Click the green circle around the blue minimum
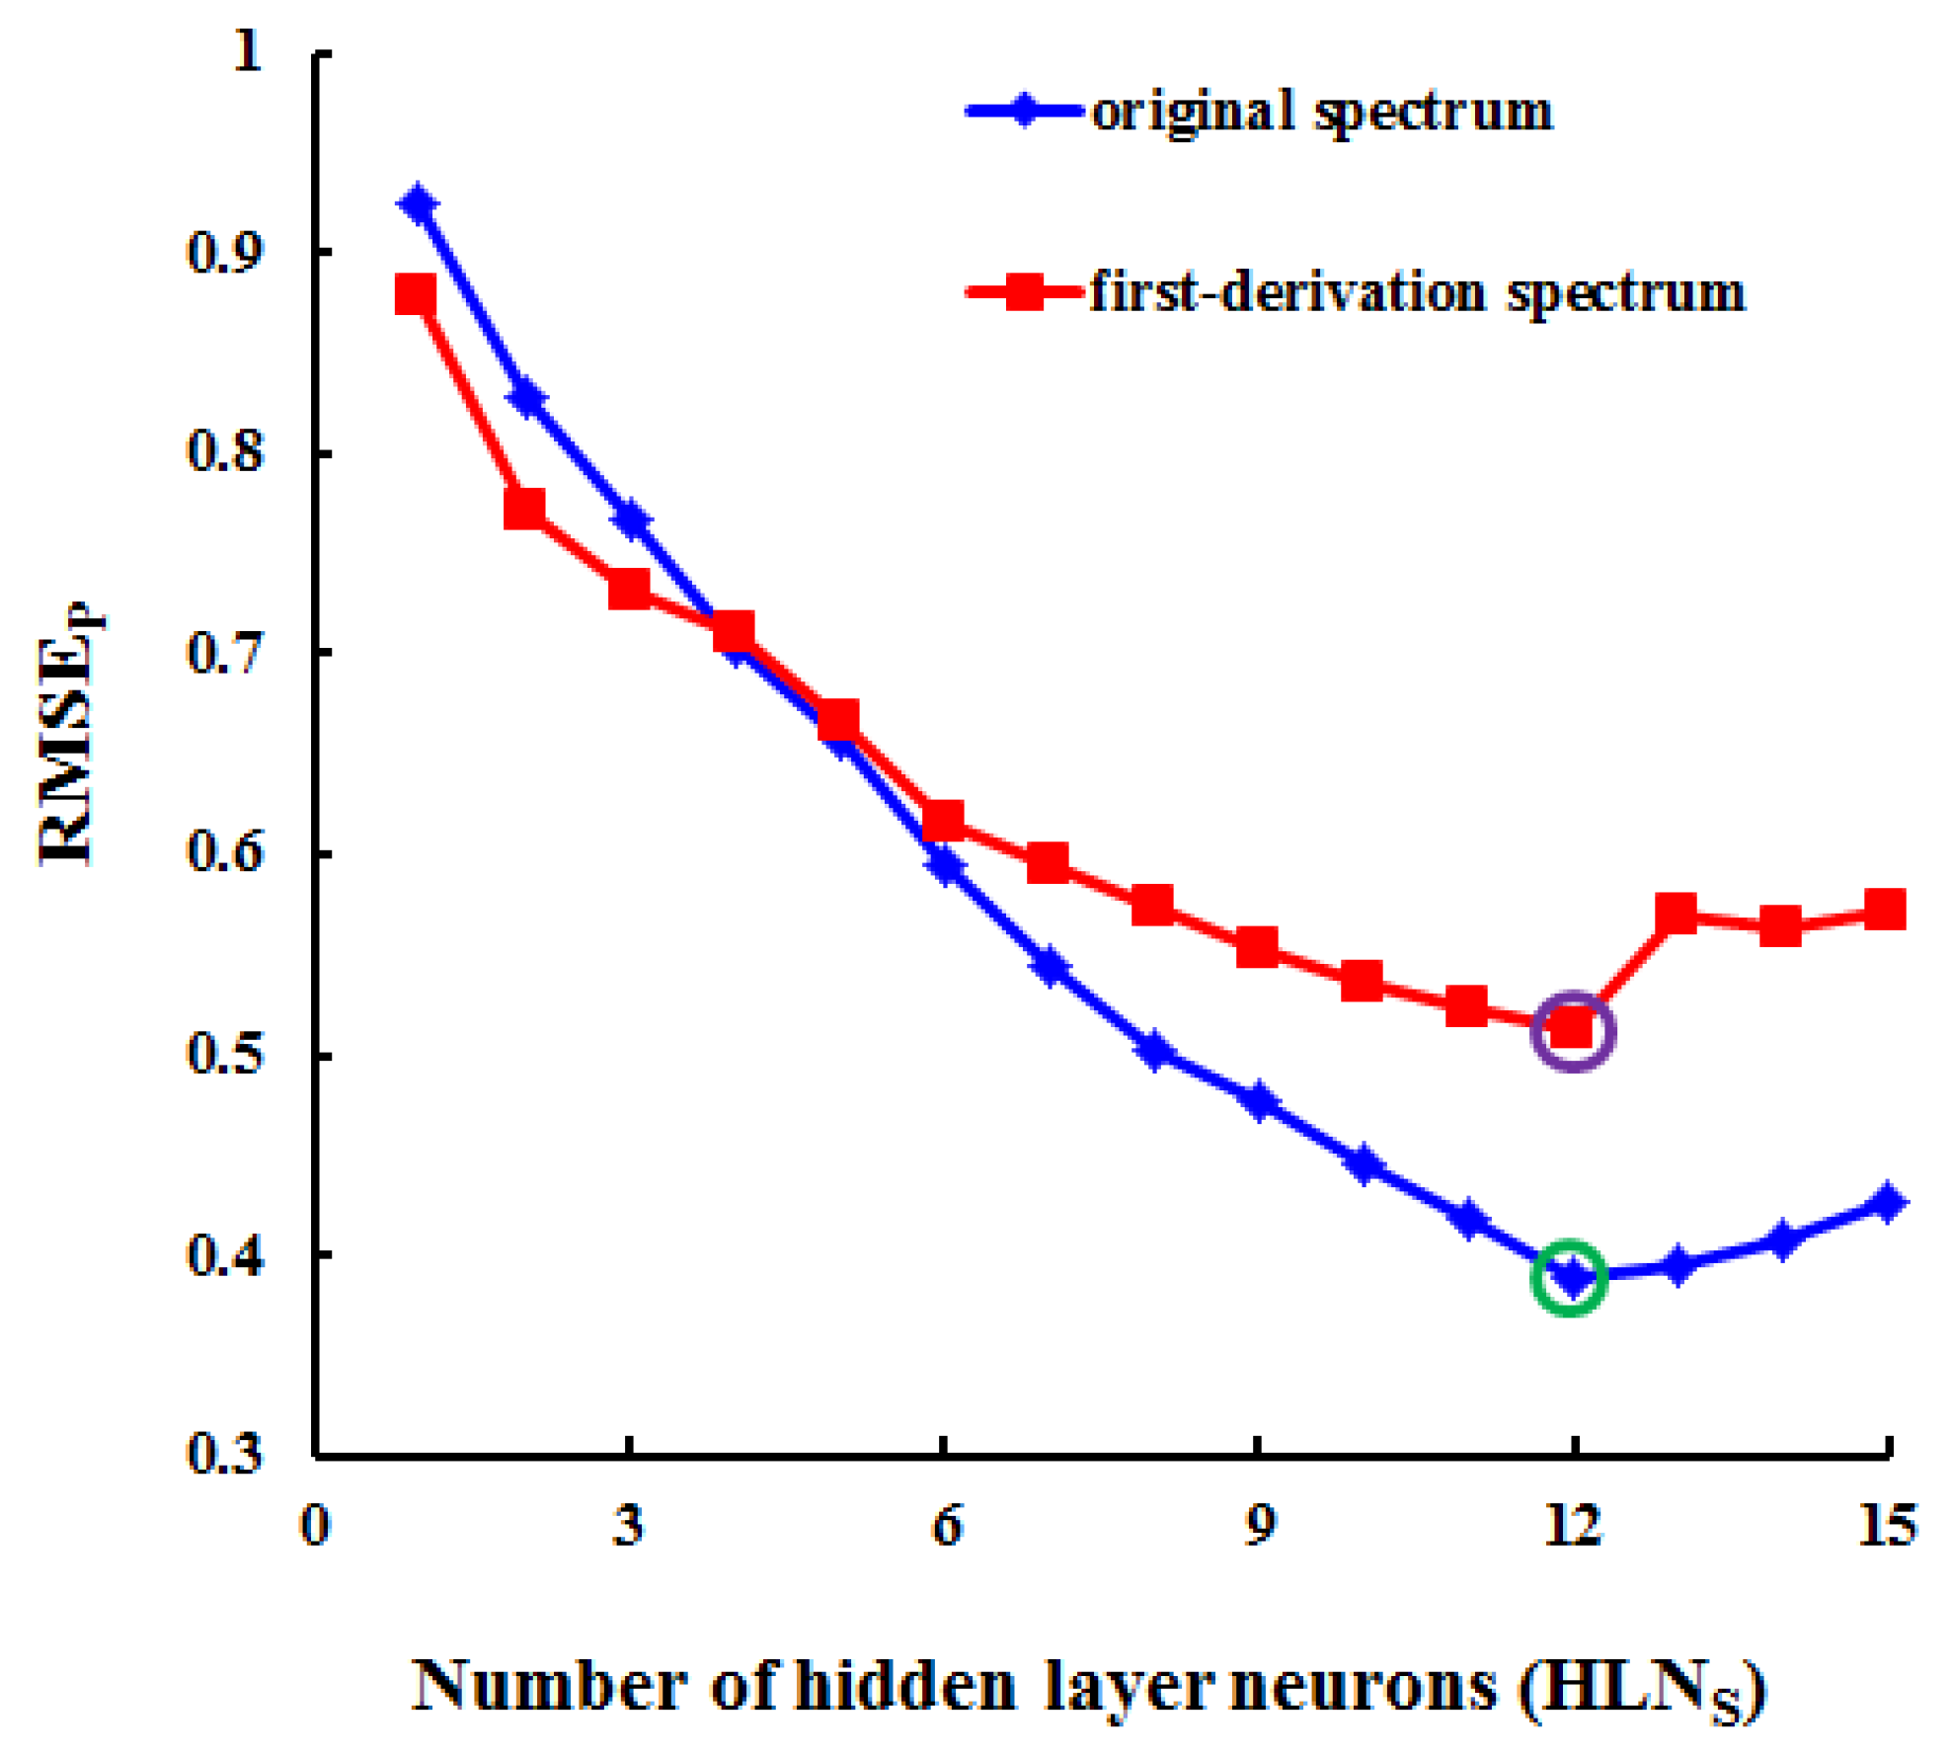[x=1570, y=1277]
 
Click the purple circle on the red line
[x=1572, y=1031]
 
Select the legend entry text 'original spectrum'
[x=1321, y=111]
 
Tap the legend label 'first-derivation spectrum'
[x=1417, y=292]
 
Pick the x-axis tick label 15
[x=1886, y=1525]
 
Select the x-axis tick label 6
[x=945, y=1525]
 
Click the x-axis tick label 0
[x=314, y=1525]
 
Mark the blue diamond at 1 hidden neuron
[x=419, y=205]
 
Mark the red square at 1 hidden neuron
[x=415, y=294]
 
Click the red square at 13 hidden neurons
[x=1676, y=914]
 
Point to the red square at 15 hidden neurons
[x=1885, y=909]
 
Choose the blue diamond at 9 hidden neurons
[x=1258, y=1100]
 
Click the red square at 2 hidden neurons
[x=524, y=510]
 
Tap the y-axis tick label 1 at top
[x=247, y=49]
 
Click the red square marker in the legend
[x=1024, y=292]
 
